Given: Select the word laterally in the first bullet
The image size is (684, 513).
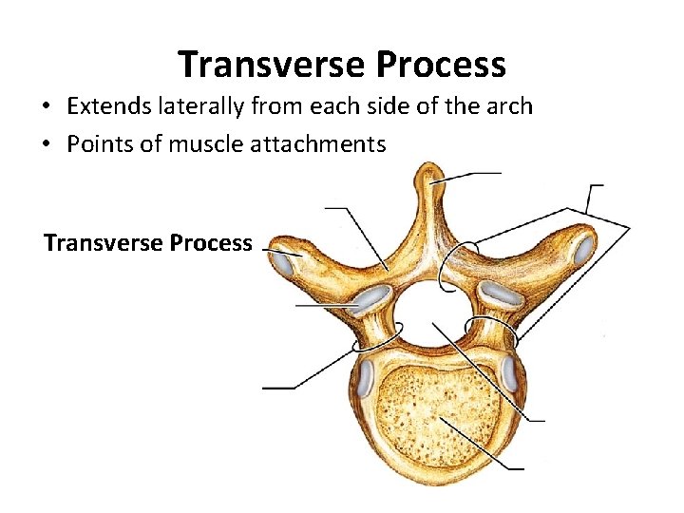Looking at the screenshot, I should pos(205,106).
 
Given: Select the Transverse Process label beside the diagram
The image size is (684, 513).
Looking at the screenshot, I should pos(148,243).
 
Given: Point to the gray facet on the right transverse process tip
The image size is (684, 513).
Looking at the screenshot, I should pos(585,249).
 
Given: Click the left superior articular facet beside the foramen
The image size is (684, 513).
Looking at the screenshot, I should pos(370,301).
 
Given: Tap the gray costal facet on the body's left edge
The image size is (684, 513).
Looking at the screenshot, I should pos(365,380).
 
